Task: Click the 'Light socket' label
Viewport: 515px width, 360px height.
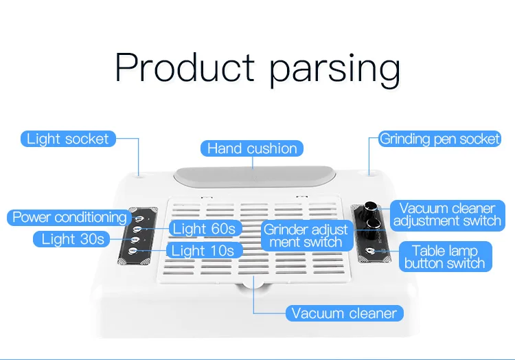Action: (x=67, y=139)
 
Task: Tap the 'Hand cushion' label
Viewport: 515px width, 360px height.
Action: (x=252, y=148)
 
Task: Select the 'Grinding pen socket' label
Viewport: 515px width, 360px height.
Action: (x=439, y=139)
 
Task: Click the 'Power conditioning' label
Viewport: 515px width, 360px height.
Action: (x=69, y=217)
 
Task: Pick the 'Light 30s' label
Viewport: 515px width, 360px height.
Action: (x=73, y=239)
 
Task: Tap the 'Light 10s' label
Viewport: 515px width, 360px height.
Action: (x=203, y=250)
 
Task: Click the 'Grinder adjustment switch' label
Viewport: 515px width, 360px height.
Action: (x=306, y=235)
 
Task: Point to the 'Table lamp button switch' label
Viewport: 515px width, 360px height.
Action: (x=444, y=256)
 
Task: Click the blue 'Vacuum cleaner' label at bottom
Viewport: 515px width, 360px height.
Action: (x=344, y=313)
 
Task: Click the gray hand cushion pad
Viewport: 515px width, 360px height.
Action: (x=252, y=176)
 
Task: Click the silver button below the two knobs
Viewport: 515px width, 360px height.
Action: (x=371, y=251)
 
